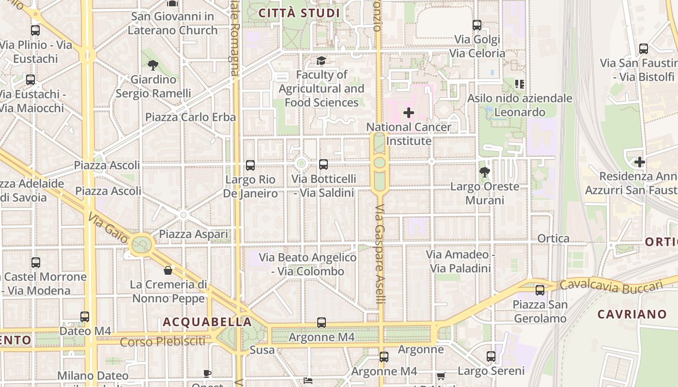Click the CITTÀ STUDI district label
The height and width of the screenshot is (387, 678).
point(299,13)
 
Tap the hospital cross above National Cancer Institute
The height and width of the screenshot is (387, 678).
point(409,113)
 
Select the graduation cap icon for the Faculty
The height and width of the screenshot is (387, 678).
point(321,60)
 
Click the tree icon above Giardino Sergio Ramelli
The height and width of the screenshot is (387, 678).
point(153,65)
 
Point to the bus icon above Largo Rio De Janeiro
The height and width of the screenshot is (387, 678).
point(250,165)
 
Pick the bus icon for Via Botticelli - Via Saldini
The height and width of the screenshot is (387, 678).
point(324,164)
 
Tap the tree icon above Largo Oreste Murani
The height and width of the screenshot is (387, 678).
point(484,172)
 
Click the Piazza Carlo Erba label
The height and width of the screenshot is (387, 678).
point(191,117)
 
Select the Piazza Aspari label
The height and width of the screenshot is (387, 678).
point(194,235)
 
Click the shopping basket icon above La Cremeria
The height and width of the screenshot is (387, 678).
point(168,270)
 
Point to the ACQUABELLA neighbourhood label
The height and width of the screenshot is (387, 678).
point(207,322)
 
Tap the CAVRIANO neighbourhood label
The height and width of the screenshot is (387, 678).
point(632,314)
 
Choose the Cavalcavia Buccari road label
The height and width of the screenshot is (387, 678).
point(610,286)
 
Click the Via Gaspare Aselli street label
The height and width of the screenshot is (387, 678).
point(380,261)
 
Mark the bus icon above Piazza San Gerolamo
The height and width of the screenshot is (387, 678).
point(539,290)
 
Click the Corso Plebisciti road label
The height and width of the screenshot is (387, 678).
point(163,342)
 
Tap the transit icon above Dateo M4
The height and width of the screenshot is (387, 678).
point(85,317)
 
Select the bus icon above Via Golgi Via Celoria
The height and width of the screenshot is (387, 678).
point(477,25)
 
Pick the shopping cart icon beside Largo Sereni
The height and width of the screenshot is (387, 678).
point(441,375)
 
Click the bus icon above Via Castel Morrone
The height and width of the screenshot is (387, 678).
point(36,263)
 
